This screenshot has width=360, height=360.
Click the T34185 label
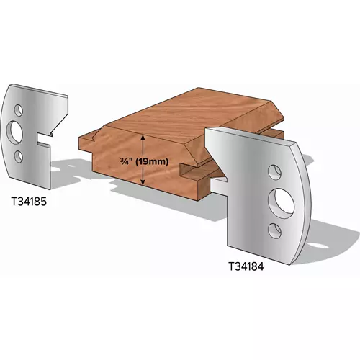pyautogui.click(x=29, y=202)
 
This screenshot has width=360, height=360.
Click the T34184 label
pyautogui.click(x=246, y=266)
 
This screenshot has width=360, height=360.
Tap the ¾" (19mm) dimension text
pyautogui.click(x=144, y=162)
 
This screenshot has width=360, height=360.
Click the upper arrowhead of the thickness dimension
pyautogui.click(x=143, y=138)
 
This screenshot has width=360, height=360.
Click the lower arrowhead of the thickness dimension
pyautogui.click(x=143, y=182)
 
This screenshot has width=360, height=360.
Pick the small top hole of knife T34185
pyautogui.click(x=18, y=110)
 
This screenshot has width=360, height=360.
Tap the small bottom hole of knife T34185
pyautogui.click(x=19, y=156)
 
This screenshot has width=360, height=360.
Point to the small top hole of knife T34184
pyautogui.click(x=274, y=172)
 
